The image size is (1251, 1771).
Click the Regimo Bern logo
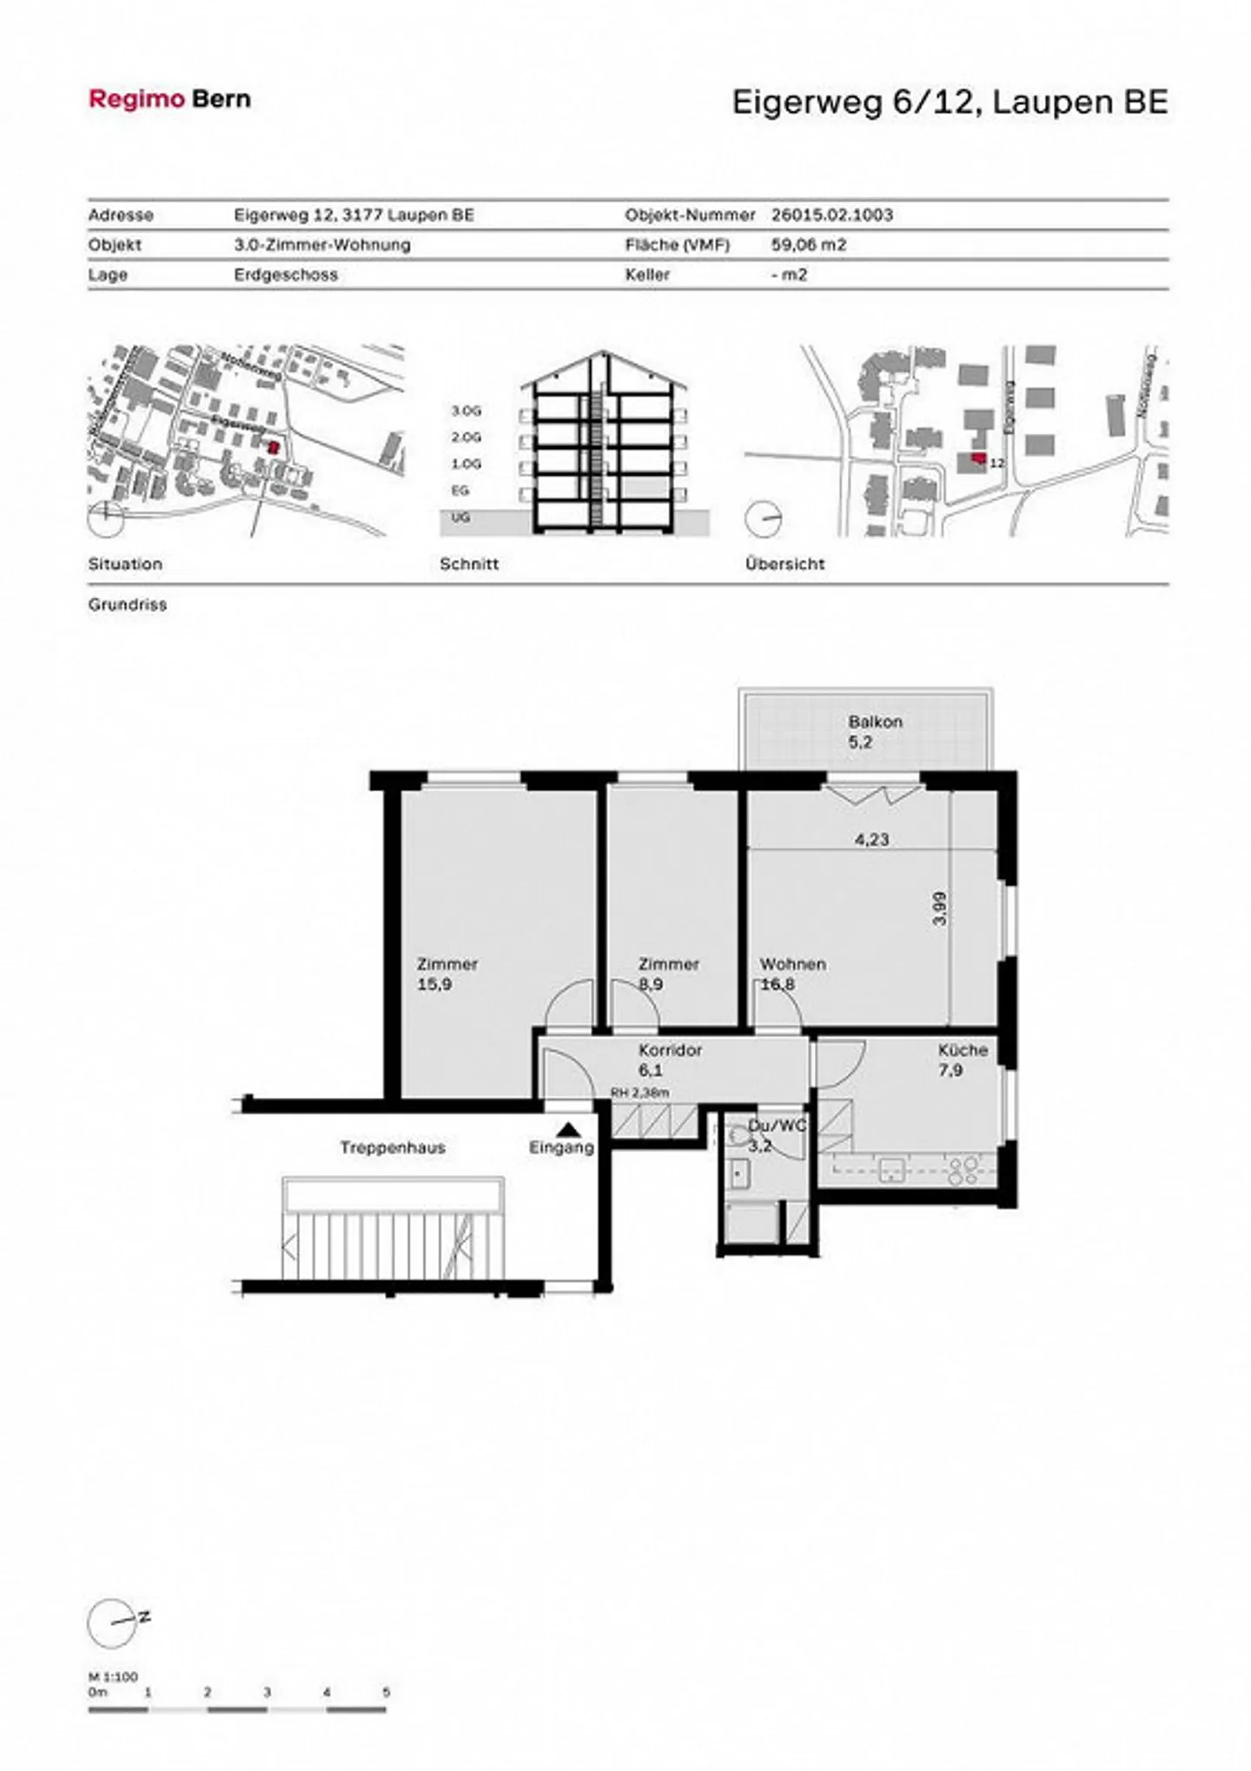169,99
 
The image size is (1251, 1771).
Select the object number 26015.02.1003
831,215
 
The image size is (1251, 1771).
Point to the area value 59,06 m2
808,245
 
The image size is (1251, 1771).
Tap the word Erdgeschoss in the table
286,274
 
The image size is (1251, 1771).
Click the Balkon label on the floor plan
875,721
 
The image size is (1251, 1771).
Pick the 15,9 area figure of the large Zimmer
434,984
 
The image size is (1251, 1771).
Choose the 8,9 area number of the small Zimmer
652,984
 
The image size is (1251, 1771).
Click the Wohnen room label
792,964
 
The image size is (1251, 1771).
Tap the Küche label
963,1049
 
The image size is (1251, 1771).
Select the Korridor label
670,1049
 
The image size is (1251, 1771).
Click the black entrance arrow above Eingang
568,1129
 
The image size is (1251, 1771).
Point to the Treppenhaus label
393,1147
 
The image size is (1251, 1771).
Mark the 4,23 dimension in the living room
871,839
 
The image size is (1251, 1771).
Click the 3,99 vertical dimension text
939,909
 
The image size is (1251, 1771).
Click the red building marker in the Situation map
274,448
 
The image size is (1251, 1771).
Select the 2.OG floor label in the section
466,437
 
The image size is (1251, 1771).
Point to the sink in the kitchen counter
892,1169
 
